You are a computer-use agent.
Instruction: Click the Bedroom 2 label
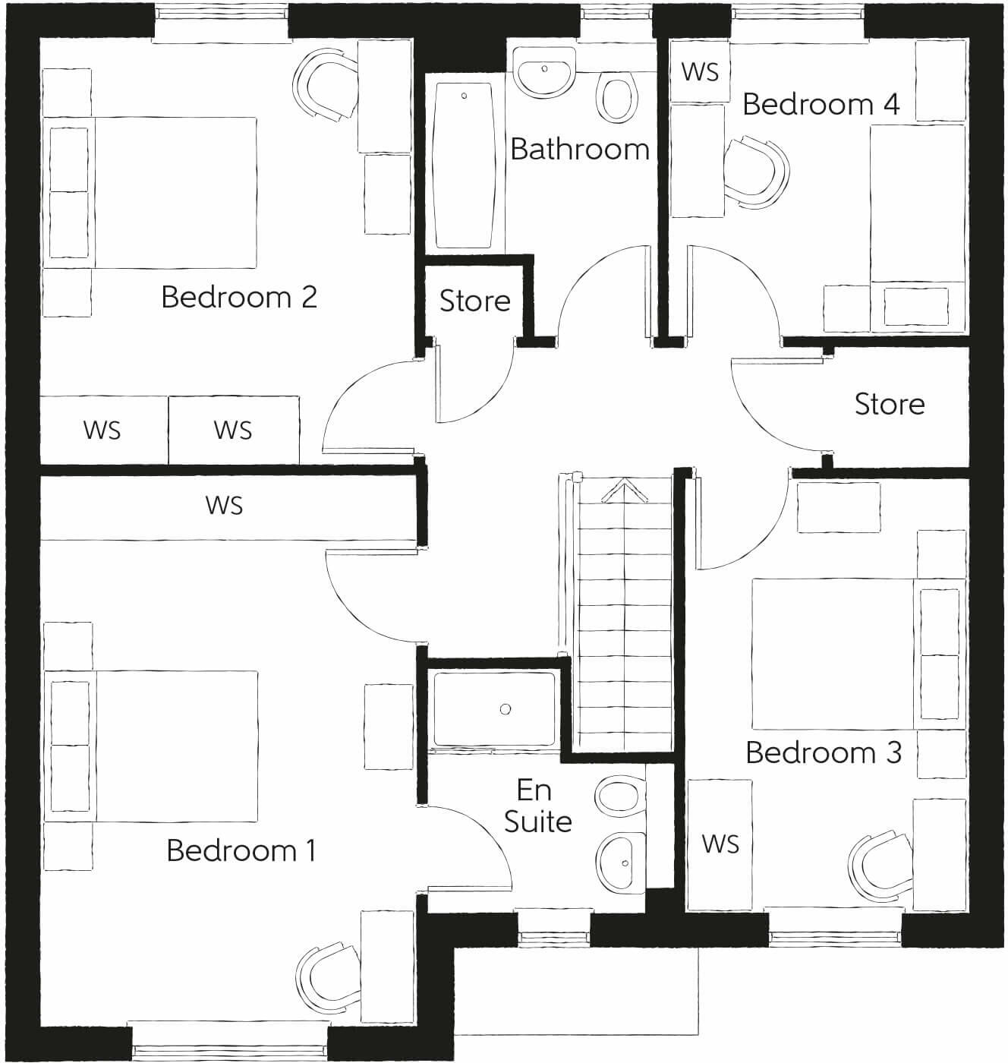(x=239, y=297)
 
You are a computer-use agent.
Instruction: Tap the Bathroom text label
(x=580, y=149)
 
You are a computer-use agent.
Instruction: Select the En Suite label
(x=537, y=806)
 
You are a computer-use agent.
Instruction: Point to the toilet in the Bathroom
(x=616, y=97)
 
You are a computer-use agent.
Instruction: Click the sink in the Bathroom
(x=544, y=71)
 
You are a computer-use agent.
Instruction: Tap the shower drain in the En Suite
(x=506, y=709)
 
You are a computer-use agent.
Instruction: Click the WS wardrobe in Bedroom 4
(x=700, y=71)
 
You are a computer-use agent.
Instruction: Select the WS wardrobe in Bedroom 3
(x=720, y=844)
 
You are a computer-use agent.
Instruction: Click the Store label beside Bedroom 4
(x=890, y=404)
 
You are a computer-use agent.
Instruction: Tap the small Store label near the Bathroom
(x=475, y=301)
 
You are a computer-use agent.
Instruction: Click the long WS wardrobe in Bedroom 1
(x=225, y=505)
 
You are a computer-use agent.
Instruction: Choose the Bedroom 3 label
(x=824, y=752)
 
